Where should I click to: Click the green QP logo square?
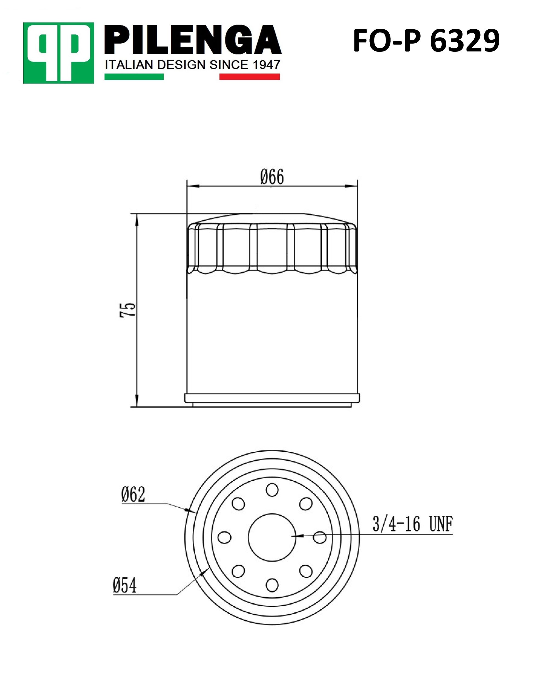coord(58,53)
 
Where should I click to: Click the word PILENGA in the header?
coord(193,40)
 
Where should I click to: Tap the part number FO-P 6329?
coord(426,41)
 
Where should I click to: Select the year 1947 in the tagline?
coord(267,65)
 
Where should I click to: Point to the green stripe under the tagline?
coord(134,77)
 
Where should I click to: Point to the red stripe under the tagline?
coord(250,77)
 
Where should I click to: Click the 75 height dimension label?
coord(127,309)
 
